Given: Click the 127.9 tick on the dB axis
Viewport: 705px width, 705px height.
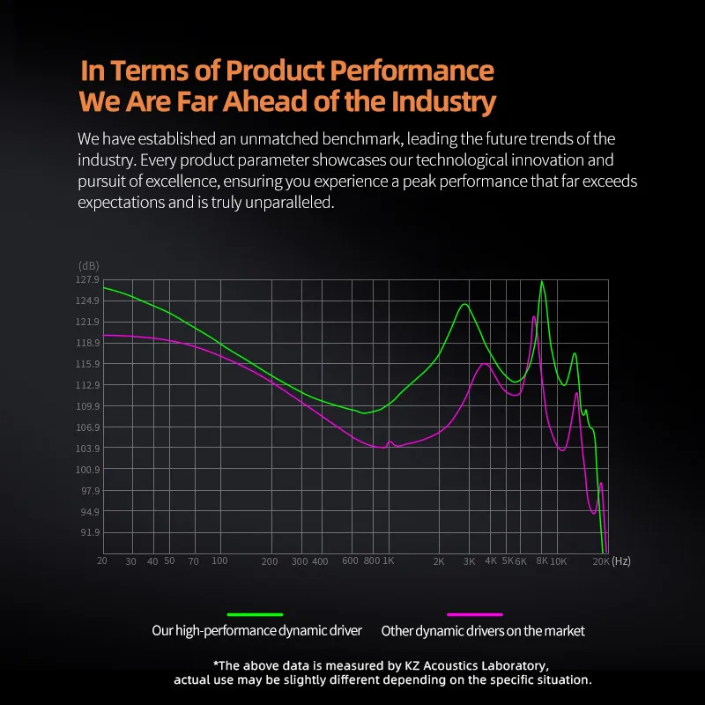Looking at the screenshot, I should [88, 280].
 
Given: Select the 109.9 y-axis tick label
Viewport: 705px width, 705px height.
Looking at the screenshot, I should [88, 406].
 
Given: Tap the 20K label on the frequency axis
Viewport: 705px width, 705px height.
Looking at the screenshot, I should [600, 561].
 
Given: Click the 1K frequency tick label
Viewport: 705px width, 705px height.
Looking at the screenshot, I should [389, 561].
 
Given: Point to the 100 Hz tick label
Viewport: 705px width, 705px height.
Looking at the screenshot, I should [219, 561].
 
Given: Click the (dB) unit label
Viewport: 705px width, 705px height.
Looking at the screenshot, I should [89, 265].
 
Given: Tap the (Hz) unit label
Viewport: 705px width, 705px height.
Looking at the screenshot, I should [621, 561].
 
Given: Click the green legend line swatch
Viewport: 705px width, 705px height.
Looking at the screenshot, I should [256, 614].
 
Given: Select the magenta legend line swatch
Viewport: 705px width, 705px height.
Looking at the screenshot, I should [475, 614].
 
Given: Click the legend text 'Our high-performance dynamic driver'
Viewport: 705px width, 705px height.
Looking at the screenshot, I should [256, 631].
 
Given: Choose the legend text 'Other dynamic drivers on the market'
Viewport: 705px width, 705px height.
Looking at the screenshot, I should [483, 631].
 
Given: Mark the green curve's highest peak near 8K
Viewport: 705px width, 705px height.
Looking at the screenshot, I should [542, 282].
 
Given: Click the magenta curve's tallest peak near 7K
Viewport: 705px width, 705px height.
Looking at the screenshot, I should [534, 316].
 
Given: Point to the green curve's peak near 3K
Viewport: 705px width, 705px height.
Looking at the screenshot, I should [464, 304].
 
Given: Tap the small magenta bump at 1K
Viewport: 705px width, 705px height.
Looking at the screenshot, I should [390, 442].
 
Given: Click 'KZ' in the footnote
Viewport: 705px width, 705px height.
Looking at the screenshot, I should [404, 665].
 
